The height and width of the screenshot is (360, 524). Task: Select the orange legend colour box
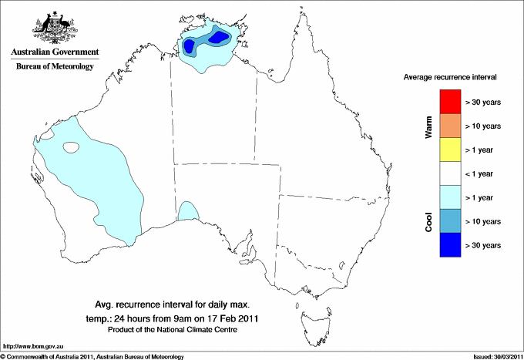point(451,126)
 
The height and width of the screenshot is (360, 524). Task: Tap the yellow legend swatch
point(451,150)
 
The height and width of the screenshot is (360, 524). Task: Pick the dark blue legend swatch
point(451,245)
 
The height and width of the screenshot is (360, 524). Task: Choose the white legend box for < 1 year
point(451,173)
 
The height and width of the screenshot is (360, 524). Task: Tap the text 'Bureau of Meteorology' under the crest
point(55,66)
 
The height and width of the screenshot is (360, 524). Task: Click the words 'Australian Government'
point(55,52)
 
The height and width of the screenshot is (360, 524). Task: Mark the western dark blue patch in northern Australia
point(189,47)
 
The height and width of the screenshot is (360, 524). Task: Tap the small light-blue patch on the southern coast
point(188,212)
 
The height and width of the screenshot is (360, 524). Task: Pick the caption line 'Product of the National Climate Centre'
point(172,329)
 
